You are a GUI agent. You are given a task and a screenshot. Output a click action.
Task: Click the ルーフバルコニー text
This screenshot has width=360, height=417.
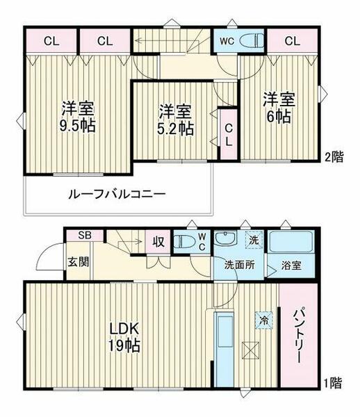click(116, 195)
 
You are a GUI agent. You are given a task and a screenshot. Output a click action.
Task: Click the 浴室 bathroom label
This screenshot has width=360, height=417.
click(293, 264)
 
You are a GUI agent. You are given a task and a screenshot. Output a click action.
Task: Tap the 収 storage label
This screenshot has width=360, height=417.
click(158, 242)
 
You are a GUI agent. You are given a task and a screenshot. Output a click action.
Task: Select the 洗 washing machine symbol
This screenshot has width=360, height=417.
click(254, 239)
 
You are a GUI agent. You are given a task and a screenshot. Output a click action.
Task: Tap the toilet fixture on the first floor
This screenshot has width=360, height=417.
click(183, 243)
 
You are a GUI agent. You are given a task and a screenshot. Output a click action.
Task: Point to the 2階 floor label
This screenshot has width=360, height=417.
click(333, 157)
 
